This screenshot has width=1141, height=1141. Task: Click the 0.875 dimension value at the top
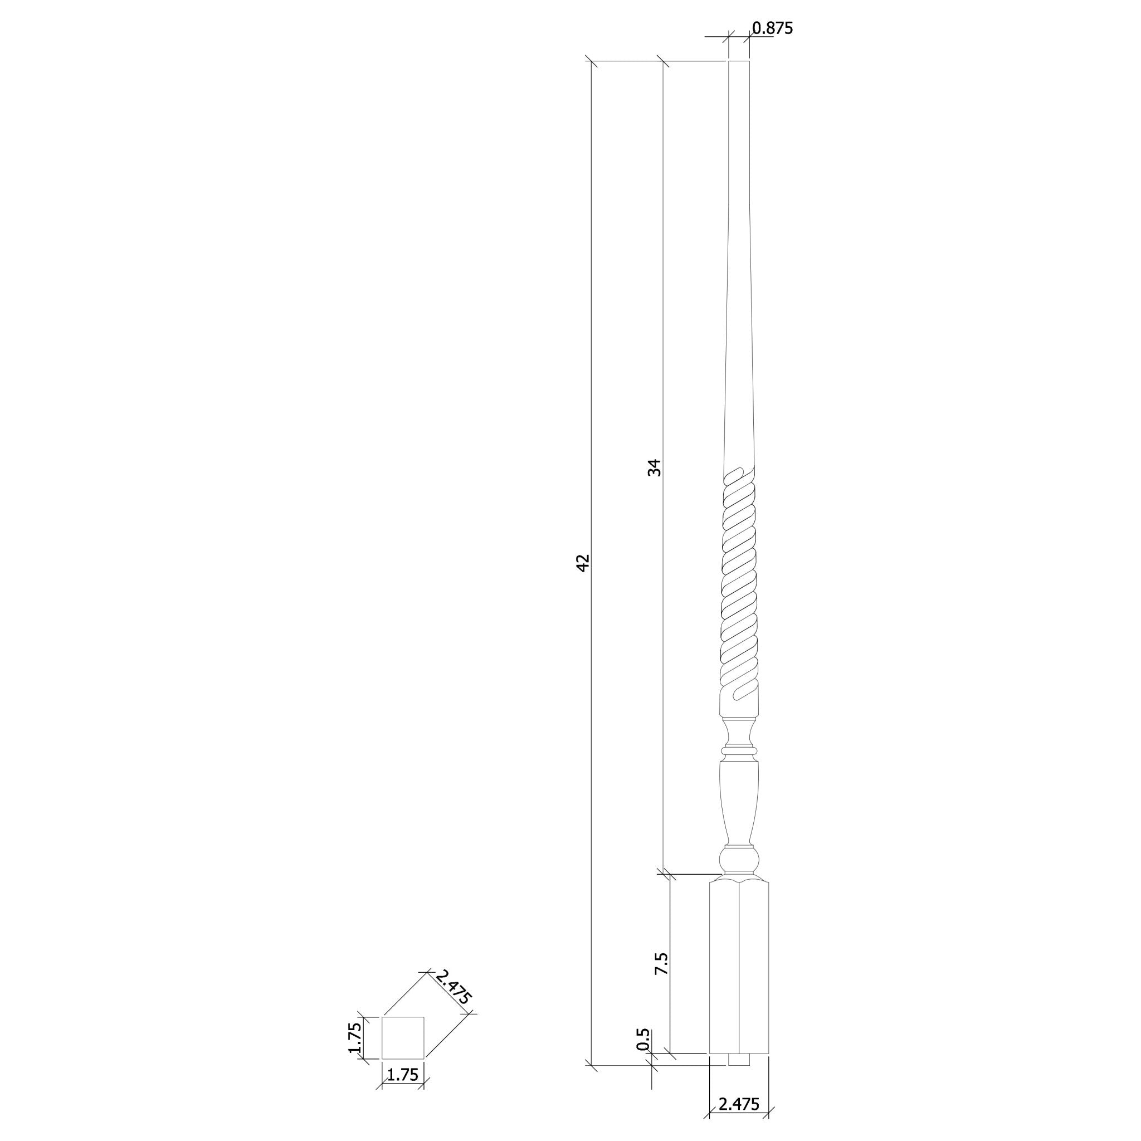pos(772,28)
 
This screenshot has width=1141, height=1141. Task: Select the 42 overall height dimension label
pos(582,562)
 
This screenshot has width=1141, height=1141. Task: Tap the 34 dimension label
pos(655,468)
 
